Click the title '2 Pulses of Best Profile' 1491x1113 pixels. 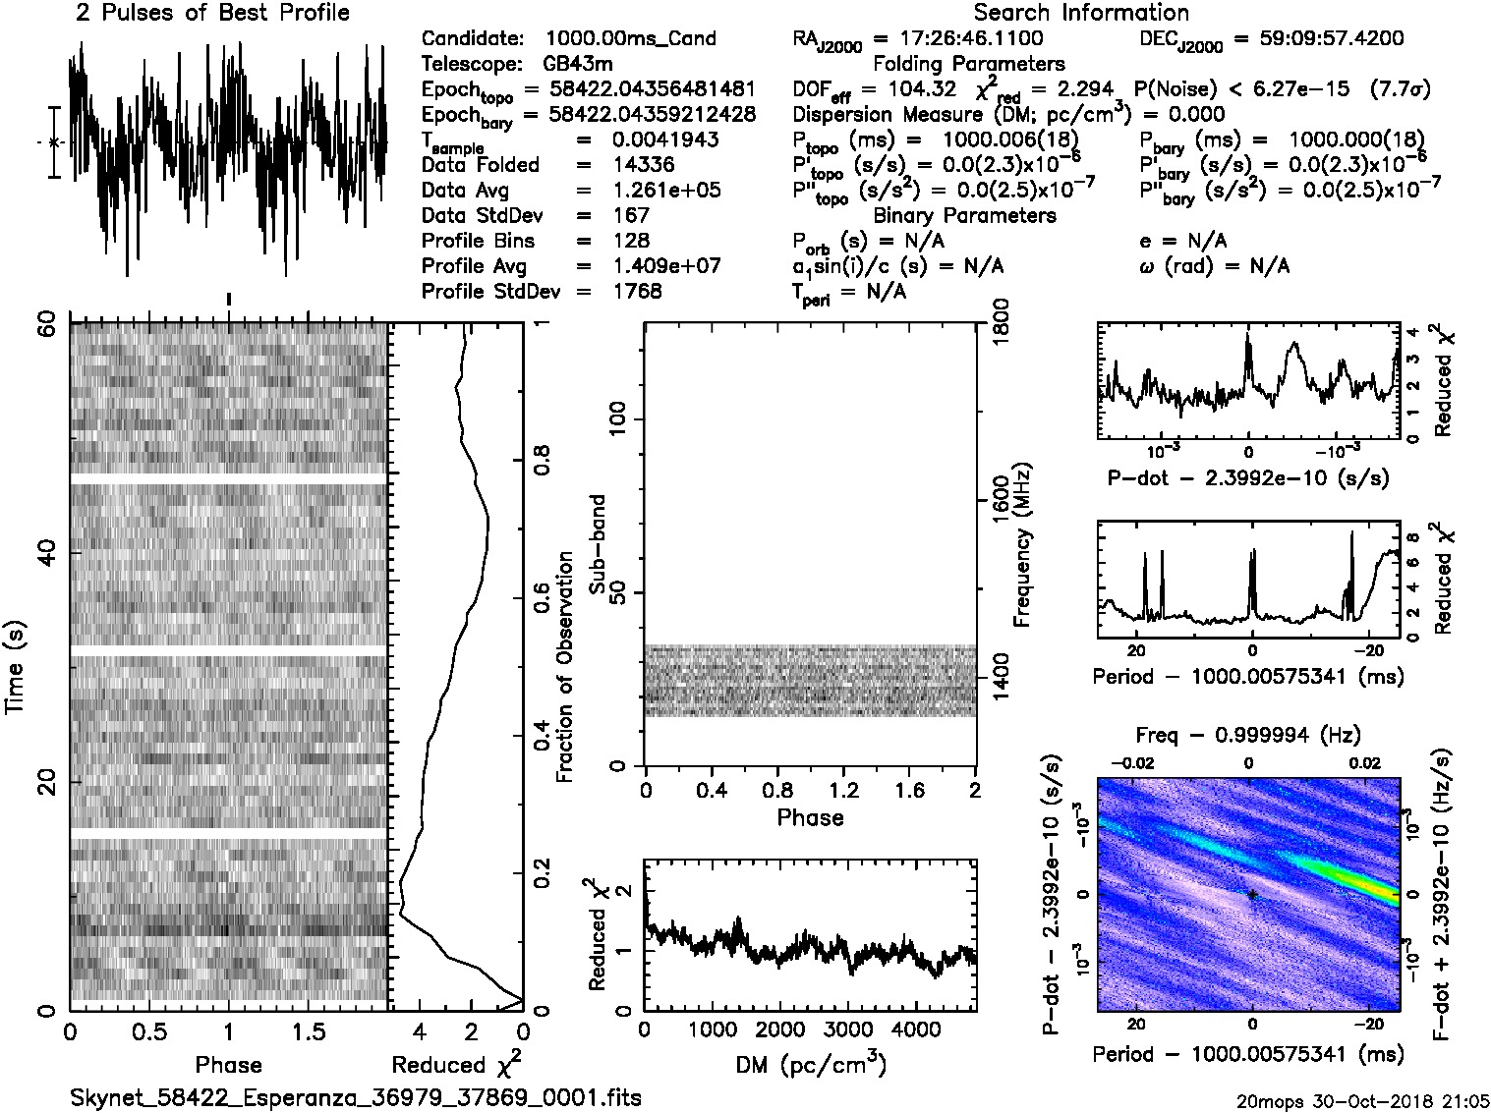pyautogui.click(x=212, y=13)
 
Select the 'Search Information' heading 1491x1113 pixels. pyautogui.click(x=1080, y=13)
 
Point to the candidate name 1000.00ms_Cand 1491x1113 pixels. pyautogui.click(x=630, y=38)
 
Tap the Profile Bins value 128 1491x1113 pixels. pyautogui.click(x=630, y=241)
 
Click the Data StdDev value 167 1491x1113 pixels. pyautogui.click(x=630, y=215)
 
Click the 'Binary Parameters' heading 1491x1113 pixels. pyautogui.click(x=964, y=215)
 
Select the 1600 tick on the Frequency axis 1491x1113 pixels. pyautogui.click(x=1001, y=501)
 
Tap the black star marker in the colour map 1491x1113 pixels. pyautogui.click(x=1252, y=894)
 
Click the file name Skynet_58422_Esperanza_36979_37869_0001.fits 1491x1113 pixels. pyautogui.click(x=356, y=1097)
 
